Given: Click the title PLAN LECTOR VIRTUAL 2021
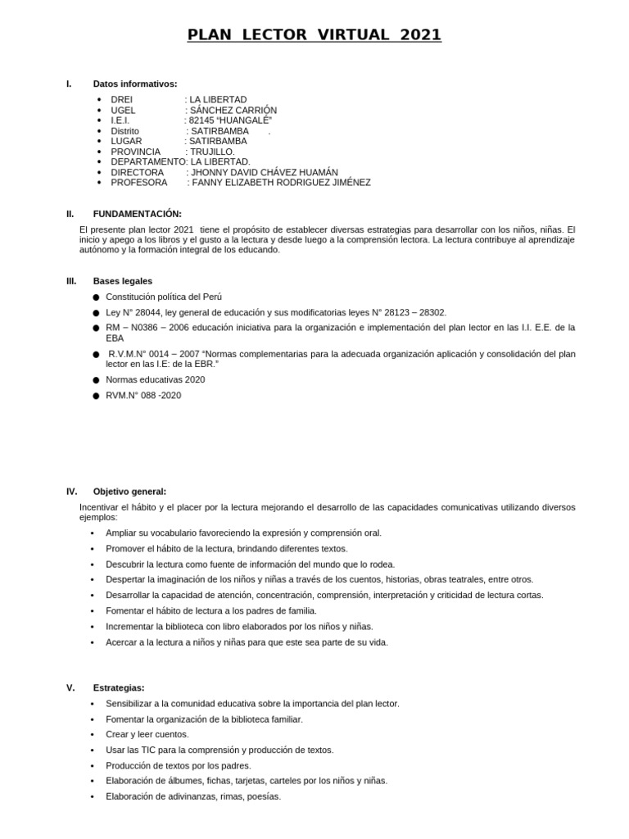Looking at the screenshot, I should pos(314,34).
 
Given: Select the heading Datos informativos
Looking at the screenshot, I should pos(135,84).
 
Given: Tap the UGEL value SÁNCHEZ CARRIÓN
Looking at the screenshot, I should pos(233,110).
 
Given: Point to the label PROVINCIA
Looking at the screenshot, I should pos(136,152).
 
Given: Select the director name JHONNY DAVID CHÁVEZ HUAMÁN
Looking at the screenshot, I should pos(264,172).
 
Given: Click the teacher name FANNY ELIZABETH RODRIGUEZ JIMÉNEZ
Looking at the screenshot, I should pos(280,183).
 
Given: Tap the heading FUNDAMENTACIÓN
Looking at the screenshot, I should pos(137,214).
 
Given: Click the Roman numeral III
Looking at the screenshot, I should pos(71,281).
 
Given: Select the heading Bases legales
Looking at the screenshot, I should pos(123,281).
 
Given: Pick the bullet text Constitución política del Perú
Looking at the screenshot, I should pos(164,297).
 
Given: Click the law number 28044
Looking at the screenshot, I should pos(147,312).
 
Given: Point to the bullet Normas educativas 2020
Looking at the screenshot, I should pos(156,379).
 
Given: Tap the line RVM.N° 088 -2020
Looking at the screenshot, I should pos(143,395).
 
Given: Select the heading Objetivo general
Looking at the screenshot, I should pos(129,492).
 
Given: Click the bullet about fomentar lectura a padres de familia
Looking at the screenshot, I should pos(211,610).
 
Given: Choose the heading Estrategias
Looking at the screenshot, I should pos(119,688).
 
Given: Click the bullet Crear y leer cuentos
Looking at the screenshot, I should pos(147,734).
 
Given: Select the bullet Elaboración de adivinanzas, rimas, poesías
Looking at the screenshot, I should pos(193,796).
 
